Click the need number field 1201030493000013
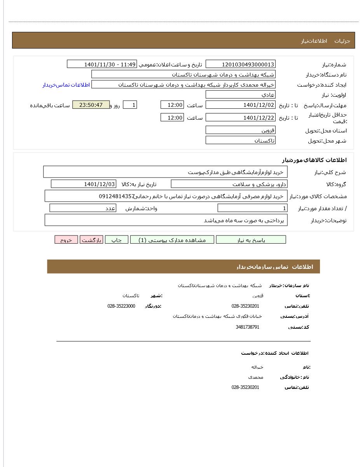pyautogui.click(x=240, y=64)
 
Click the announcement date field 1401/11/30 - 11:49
pyautogui.click(x=102, y=64)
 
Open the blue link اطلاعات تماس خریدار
pyautogui.click(x=66, y=85)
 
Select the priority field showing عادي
pyautogui.click(x=240, y=95)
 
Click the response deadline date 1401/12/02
pyautogui.click(x=240, y=105)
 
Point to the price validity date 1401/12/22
pyautogui.click(x=240, y=117)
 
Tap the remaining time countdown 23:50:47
pyautogui.click(x=91, y=105)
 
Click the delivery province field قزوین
pyautogui.click(x=240, y=130)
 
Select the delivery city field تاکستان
pyautogui.click(x=240, y=140)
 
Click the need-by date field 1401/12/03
pyautogui.click(x=84, y=184)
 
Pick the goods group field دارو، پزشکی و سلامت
pyautogui.click(x=229, y=184)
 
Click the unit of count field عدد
pyautogui.click(x=83, y=208)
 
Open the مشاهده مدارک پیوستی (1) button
pyautogui.click(x=172, y=240)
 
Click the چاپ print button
pyautogui.click(x=117, y=240)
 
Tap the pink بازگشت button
pyautogui.click(x=91, y=240)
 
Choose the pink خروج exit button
pyautogui.click(x=66, y=240)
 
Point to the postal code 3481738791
pyautogui.click(x=247, y=327)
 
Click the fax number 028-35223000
pyautogui.click(x=121, y=306)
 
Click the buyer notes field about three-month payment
pyautogui.click(x=166, y=220)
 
